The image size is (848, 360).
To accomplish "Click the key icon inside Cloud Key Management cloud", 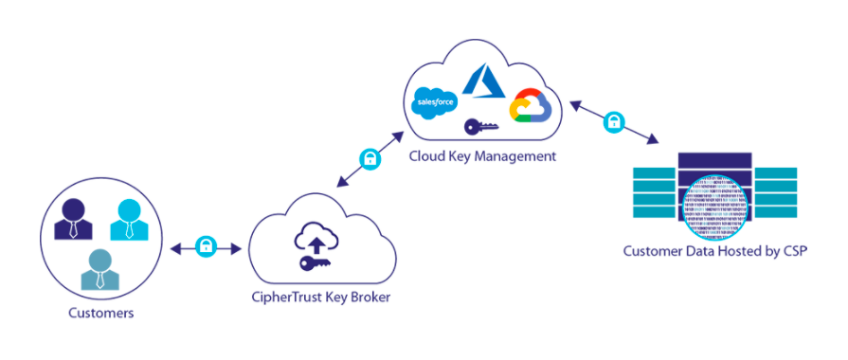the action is click(x=480, y=127).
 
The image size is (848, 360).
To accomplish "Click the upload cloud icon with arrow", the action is click(x=316, y=240).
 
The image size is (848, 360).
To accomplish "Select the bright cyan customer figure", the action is click(x=129, y=220).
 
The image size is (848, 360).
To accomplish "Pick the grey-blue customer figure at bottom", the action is click(x=100, y=269).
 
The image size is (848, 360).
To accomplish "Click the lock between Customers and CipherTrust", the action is click(x=206, y=246).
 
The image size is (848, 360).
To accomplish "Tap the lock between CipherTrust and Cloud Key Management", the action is click(x=370, y=159).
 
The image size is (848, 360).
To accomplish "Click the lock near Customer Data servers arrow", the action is click(x=614, y=121).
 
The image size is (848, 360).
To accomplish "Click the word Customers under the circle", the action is click(x=101, y=314).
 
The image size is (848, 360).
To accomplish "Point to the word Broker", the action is click(x=369, y=297).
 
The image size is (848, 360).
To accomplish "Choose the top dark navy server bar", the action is click(x=715, y=160).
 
